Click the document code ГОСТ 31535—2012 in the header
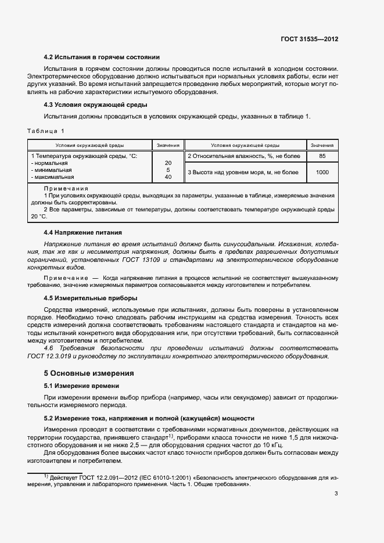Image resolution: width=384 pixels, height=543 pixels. [309, 39]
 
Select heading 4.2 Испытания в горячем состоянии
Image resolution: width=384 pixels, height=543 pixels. [102, 57]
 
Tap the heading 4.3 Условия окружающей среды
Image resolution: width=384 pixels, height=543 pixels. [95, 105]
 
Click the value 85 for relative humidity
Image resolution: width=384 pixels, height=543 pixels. [322, 156]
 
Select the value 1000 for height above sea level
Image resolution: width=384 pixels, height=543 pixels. [322, 172]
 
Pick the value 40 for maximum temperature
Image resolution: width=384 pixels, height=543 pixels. [168, 177]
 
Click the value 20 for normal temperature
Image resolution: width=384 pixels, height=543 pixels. [168, 163]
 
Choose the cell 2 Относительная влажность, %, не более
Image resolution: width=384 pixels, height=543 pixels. [244, 156]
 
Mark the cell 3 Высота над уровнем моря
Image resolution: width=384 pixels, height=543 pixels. [243, 172]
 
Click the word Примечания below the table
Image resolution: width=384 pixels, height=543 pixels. [66, 189]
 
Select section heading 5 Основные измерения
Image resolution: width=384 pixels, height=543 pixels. [89, 373]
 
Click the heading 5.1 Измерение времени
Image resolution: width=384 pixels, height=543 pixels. [82, 386]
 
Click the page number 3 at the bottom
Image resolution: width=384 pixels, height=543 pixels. [336, 494]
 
